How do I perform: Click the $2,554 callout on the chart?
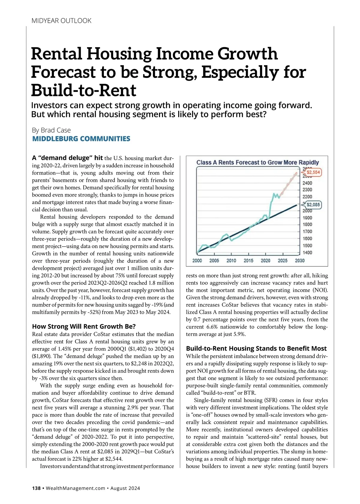[313, 172]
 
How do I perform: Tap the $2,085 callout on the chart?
[313, 205]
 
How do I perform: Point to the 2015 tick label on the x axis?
[248, 261]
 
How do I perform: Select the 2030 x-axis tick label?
[300, 261]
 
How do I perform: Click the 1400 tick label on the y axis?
[307, 253]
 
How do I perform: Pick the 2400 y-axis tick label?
[307, 183]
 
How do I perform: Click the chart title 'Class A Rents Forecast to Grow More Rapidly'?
[257, 162]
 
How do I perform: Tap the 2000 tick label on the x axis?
[197, 261]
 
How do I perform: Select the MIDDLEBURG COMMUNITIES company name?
[81, 139]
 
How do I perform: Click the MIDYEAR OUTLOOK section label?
[61, 21]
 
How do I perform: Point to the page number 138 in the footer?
[36, 488]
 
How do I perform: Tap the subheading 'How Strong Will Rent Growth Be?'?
[84, 326]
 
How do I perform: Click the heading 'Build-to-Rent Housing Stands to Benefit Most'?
[256, 348]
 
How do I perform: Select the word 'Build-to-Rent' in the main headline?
[84, 90]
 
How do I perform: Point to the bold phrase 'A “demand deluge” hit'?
[67, 158]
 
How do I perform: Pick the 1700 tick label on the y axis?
[307, 232]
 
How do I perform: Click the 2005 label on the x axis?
[214, 261]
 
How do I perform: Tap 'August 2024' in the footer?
[125, 488]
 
